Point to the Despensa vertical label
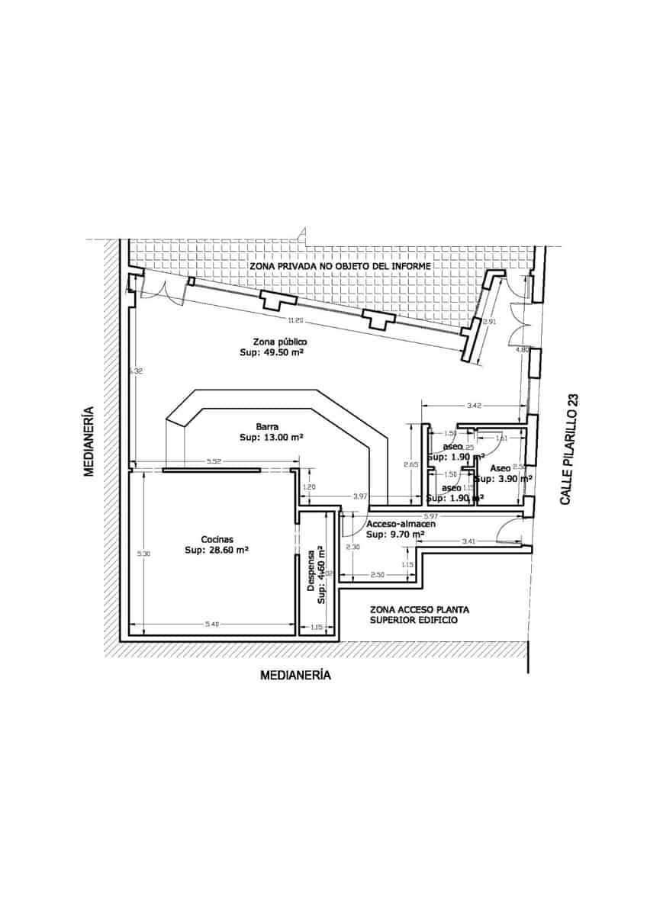(311, 572)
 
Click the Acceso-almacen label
(401, 525)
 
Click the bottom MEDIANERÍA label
(295, 675)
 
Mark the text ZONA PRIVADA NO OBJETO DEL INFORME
(340, 266)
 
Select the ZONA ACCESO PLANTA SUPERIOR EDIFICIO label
(419, 615)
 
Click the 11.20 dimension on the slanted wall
(296, 319)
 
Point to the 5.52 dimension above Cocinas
(214, 461)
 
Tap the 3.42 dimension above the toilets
(473, 406)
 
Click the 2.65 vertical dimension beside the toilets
(410, 464)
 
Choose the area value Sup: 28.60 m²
(218, 549)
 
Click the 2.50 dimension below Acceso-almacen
(377, 574)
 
